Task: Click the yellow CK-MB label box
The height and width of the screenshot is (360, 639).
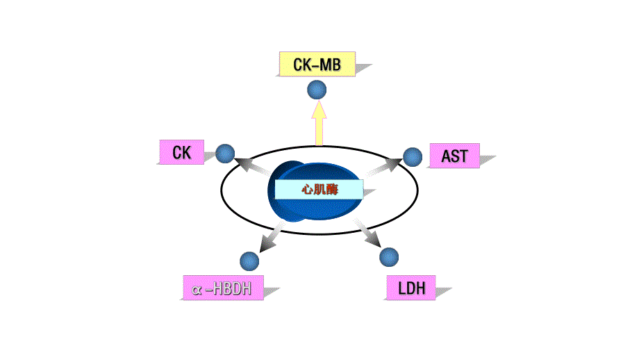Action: point(317,64)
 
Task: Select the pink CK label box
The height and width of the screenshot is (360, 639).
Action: point(181,152)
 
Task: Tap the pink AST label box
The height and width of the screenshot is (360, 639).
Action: point(454,156)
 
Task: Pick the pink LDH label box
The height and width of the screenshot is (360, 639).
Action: point(410,287)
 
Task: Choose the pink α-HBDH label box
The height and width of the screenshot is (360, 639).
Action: point(223,288)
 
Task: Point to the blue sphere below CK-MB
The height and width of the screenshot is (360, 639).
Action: point(317,89)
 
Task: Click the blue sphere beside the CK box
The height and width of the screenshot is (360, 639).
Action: point(225,154)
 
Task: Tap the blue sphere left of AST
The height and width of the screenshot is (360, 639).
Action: point(413,157)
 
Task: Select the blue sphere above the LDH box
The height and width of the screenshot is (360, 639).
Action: point(390,256)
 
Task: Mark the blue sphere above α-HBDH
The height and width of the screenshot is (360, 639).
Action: point(249,261)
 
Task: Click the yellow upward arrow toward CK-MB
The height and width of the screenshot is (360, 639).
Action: point(319,124)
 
